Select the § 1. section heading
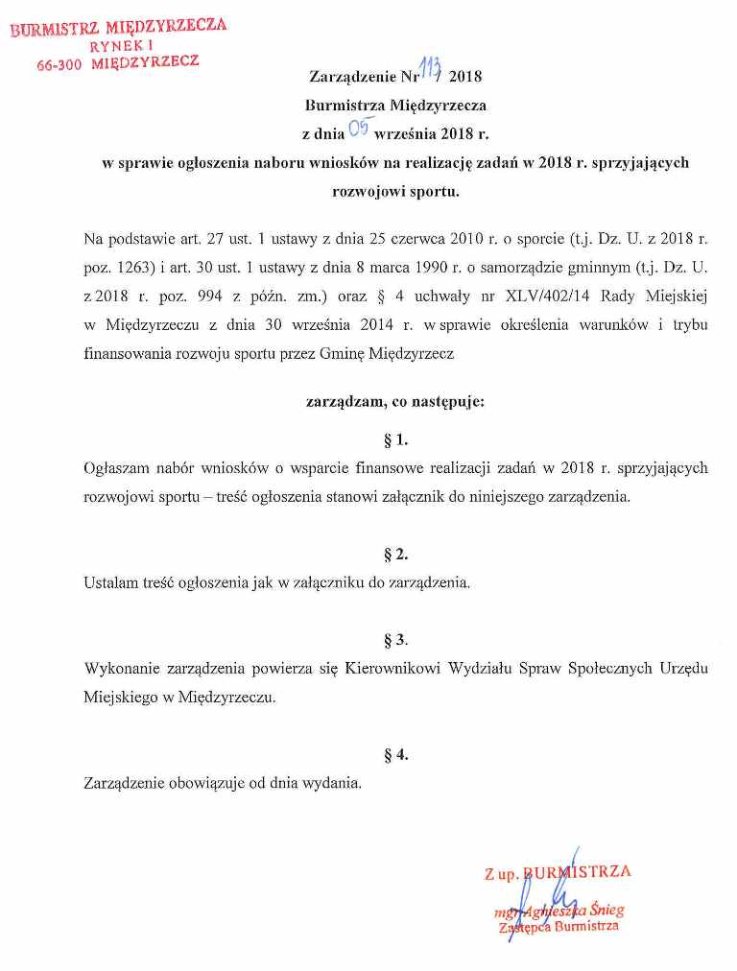(x=395, y=440)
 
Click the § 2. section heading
(x=395, y=554)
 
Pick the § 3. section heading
(x=395, y=639)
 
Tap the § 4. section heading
(x=395, y=753)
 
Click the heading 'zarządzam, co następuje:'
(x=395, y=402)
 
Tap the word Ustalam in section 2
(x=110, y=582)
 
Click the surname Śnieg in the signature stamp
(x=606, y=911)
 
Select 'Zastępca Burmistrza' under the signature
(x=559, y=927)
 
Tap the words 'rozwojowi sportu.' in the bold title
(x=395, y=190)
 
